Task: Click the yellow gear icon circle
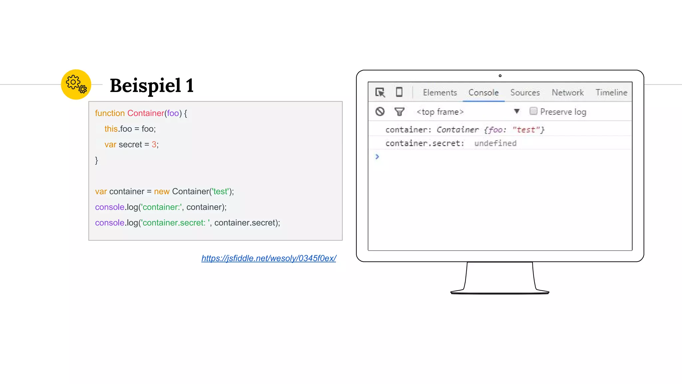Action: point(76,84)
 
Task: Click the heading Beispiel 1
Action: point(152,86)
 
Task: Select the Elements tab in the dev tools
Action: point(440,92)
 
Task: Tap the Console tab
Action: point(484,92)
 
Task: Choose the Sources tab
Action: point(525,92)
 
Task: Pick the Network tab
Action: point(567,92)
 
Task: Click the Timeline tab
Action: point(611,92)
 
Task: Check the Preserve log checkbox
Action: point(533,111)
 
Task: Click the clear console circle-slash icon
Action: point(380,111)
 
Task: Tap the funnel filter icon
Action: point(399,111)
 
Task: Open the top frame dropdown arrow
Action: point(516,111)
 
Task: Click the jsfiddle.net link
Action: point(269,258)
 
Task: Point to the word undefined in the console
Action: point(495,143)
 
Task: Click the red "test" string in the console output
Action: point(526,130)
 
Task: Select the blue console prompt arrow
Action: point(377,156)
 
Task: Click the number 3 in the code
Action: point(154,144)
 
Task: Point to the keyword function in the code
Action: point(110,113)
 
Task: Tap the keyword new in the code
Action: point(162,191)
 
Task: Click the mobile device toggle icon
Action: point(399,92)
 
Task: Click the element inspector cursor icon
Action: point(380,92)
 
